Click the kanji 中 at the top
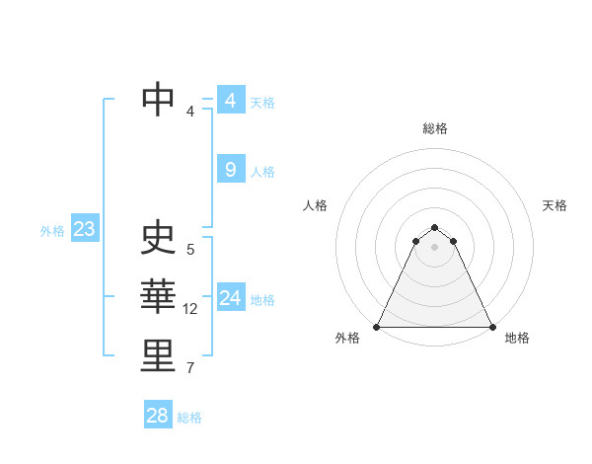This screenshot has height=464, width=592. (158, 99)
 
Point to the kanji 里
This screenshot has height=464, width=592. (158, 356)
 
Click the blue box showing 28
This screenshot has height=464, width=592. (158, 416)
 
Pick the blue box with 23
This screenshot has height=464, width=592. (84, 230)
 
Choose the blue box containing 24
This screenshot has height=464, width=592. (230, 298)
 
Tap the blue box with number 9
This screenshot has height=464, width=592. (230, 170)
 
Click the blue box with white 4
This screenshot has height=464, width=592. (230, 101)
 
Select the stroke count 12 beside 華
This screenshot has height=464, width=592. (190, 309)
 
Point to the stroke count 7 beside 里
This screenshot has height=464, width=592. (190, 369)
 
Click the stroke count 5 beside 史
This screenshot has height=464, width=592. (190, 250)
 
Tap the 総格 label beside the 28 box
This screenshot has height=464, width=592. (189, 418)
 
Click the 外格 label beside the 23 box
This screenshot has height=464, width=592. (52, 231)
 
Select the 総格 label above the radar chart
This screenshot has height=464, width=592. (434, 128)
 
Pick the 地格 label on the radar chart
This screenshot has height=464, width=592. (517, 338)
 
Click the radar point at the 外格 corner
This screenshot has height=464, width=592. (377, 327)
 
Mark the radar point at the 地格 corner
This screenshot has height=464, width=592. (491, 327)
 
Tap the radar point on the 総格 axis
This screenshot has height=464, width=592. (434, 228)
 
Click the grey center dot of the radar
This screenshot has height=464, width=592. (434, 246)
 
